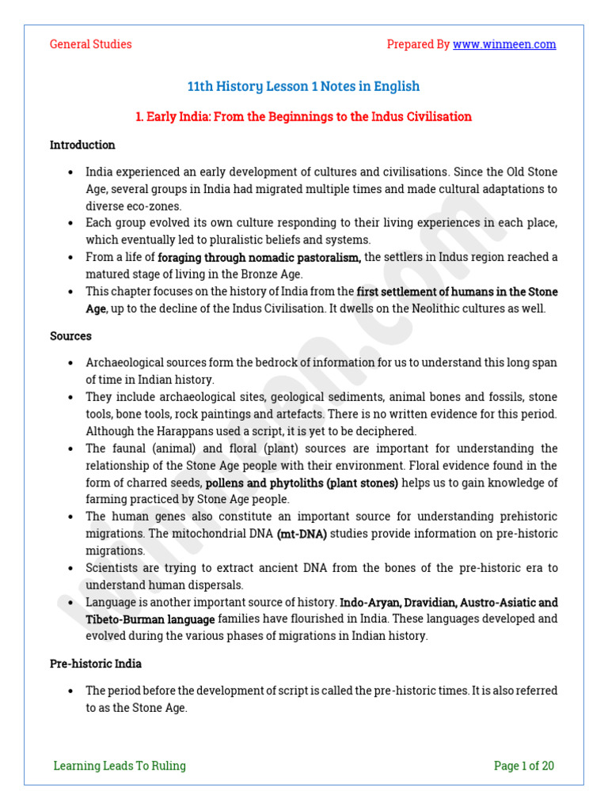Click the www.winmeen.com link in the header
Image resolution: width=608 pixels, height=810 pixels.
pyautogui.click(x=504, y=44)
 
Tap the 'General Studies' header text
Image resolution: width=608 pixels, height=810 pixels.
pyautogui.click(x=90, y=44)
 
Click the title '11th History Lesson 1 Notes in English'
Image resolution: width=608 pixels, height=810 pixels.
pyautogui.click(x=303, y=86)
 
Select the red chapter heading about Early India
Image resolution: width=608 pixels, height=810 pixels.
pyautogui.click(x=303, y=117)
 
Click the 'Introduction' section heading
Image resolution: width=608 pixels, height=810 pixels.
pyautogui.click(x=82, y=145)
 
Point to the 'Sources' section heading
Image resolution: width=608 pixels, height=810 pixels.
pyautogui.click(x=70, y=336)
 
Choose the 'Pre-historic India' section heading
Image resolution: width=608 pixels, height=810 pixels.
pyautogui.click(x=96, y=664)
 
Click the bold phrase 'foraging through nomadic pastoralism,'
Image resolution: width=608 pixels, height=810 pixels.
pyautogui.click(x=260, y=258)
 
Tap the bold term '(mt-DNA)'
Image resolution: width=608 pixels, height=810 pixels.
pyautogui.click(x=302, y=535)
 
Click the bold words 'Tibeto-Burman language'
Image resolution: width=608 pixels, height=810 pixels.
pyautogui.click(x=150, y=619)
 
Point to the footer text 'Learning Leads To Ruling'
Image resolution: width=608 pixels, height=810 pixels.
pyautogui.click(x=120, y=765)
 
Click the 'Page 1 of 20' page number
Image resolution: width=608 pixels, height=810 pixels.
pyautogui.click(x=524, y=765)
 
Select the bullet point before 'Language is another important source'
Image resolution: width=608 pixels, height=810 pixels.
pyautogui.click(x=71, y=603)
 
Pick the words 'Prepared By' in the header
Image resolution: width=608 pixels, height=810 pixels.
pyautogui.click(x=418, y=44)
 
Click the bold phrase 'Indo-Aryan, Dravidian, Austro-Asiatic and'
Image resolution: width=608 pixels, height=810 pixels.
pyautogui.click(x=449, y=603)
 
